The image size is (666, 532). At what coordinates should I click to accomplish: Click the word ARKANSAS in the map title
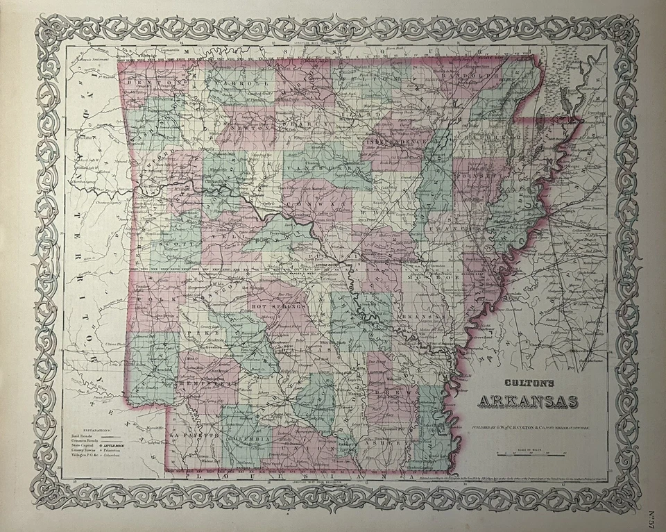(528, 401)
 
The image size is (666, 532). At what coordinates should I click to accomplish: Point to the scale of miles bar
(529, 454)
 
